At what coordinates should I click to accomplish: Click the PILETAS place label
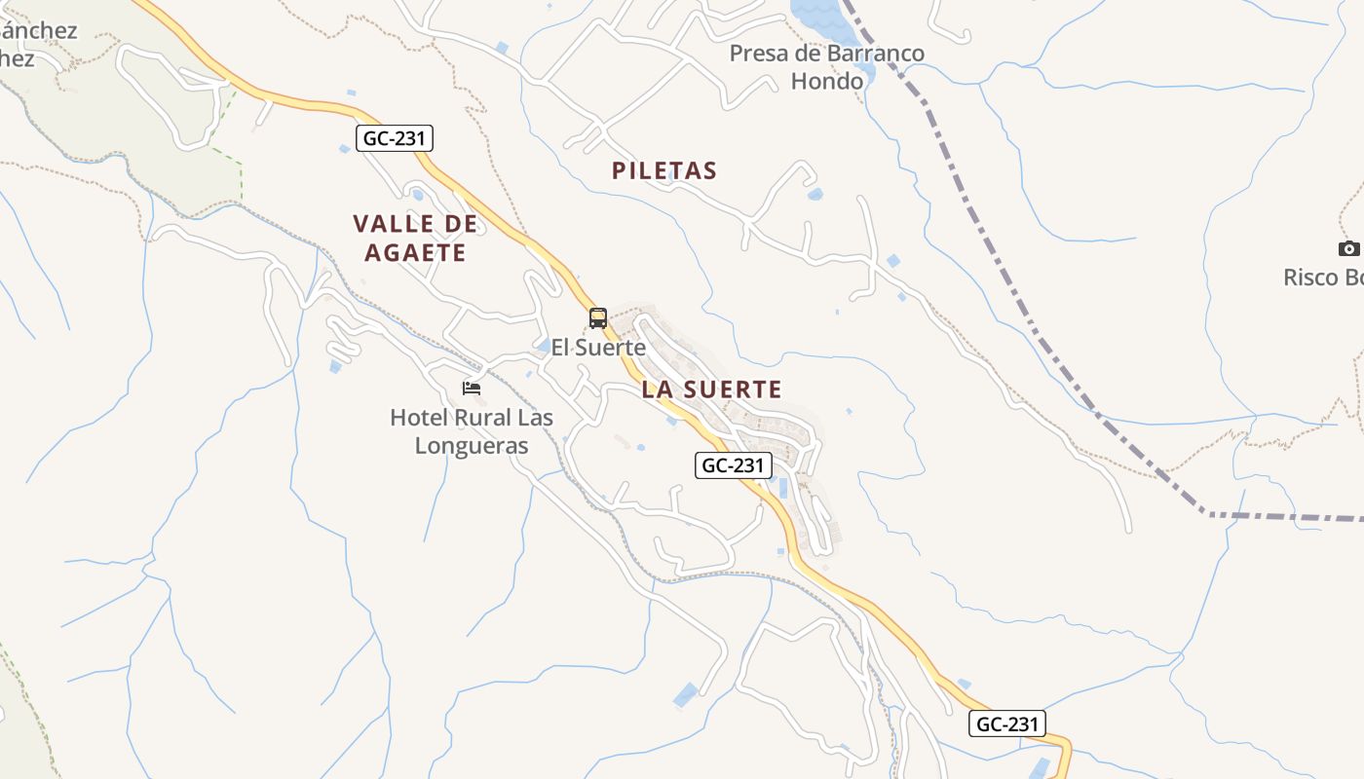(x=664, y=171)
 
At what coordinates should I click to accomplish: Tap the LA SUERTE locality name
(x=711, y=390)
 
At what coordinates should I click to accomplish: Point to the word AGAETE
(x=416, y=253)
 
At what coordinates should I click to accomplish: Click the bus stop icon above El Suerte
(x=598, y=317)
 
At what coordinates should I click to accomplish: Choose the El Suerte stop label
(x=598, y=347)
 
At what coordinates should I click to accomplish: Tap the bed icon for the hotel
(x=472, y=388)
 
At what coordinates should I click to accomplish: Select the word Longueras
(x=472, y=446)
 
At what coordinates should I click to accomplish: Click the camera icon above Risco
(x=1349, y=249)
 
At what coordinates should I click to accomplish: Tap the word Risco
(x=1310, y=278)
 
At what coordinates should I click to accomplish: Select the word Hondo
(x=827, y=81)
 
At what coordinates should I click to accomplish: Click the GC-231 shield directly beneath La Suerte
(x=734, y=465)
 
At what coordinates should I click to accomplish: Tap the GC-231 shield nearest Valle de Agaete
(x=394, y=138)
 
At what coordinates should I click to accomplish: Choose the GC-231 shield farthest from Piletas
(x=1007, y=723)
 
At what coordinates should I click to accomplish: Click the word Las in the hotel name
(x=536, y=418)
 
